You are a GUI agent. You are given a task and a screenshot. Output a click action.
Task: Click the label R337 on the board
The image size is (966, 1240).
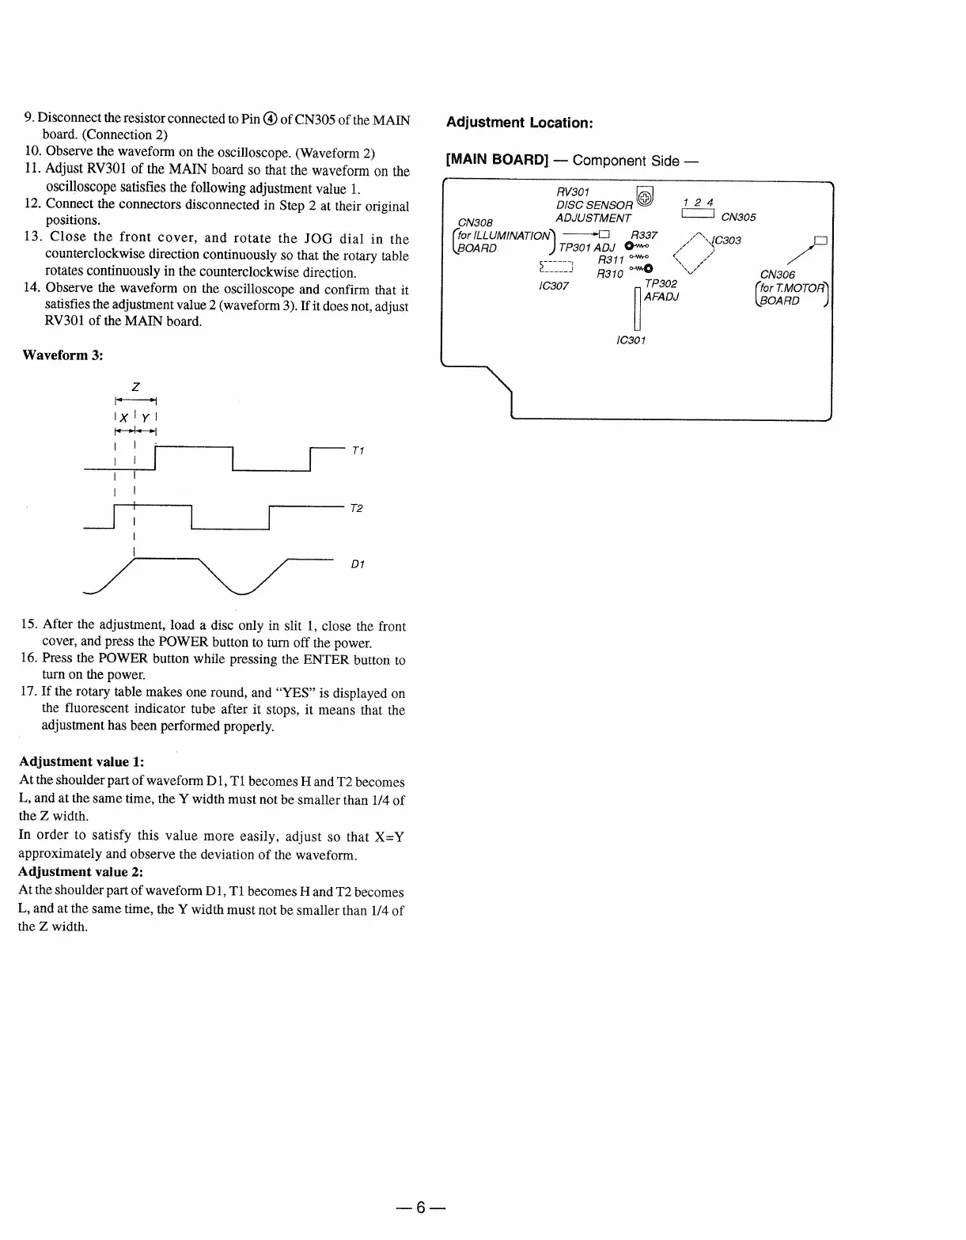tap(643, 235)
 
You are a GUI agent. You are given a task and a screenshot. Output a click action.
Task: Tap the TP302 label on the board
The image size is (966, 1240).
tap(661, 283)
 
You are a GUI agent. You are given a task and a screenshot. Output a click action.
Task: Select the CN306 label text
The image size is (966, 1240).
tap(777, 275)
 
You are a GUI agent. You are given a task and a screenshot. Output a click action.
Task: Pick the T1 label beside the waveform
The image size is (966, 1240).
tap(358, 450)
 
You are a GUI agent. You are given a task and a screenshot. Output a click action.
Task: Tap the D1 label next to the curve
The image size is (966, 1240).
tap(357, 564)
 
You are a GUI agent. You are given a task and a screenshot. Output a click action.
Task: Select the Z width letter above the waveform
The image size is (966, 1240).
tap(135, 387)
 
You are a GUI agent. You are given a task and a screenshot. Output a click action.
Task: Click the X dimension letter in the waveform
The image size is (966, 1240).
tap(124, 417)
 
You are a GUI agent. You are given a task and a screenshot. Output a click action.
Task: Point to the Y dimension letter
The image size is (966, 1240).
tap(146, 417)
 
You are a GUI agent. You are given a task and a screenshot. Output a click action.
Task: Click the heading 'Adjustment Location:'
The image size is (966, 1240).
tap(519, 123)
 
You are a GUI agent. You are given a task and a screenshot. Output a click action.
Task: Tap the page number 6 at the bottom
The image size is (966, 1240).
tap(421, 1207)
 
